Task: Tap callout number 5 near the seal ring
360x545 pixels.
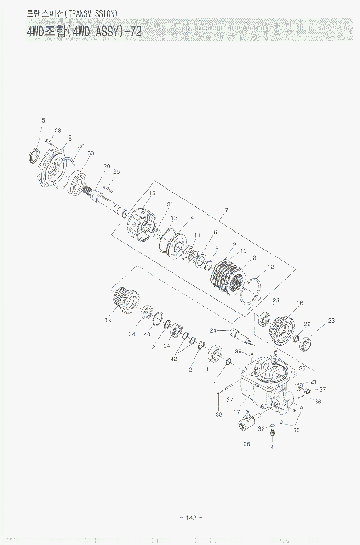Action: [43, 120]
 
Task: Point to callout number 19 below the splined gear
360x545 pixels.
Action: [108, 320]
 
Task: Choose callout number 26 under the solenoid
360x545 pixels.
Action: [246, 444]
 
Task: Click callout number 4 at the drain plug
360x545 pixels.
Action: [272, 447]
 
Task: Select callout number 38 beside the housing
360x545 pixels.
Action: [219, 414]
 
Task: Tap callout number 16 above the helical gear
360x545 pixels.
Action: [300, 303]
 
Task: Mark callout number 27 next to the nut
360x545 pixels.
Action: [322, 389]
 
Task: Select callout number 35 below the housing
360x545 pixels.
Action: [297, 431]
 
